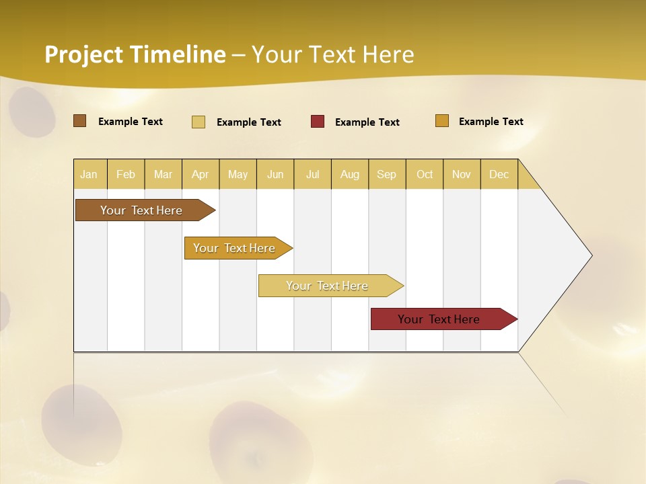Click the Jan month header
click(89, 175)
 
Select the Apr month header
click(201, 175)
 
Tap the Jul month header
click(313, 175)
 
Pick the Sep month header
click(387, 175)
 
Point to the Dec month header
click(499, 175)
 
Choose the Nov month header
click(462, 175)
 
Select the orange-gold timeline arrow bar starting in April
click(236, 248)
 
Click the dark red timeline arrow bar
click(441, 319)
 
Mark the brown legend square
click(79, 121)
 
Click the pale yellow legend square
click(199, 122)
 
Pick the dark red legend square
click(318, 122)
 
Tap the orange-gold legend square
click(442, 121)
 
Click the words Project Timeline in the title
click(135, 54)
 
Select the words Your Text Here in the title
click(333, 54)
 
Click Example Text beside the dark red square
click(367, 122)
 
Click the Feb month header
click(126, 175)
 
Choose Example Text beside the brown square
click(131, 122)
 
